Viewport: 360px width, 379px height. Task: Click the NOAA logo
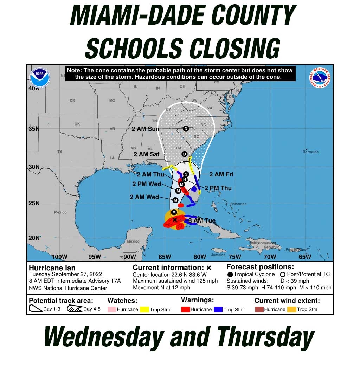click(x=40, y=78)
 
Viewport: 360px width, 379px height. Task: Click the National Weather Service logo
click(x=320, y=78)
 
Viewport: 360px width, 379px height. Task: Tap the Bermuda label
click(x=310, y=152)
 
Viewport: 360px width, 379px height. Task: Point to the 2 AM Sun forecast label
click(x=145, y=129)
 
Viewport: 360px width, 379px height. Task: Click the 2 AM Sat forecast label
click(x=146, y=154)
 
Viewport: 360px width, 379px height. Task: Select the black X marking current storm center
click(x=175, y=220)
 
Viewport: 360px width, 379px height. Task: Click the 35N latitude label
click(x=34, y=129)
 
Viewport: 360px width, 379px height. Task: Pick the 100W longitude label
click(x=59, y=257)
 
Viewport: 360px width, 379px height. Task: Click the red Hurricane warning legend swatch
click(x=185, y=309)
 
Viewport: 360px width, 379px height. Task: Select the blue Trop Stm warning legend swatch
click(x=218, y=309)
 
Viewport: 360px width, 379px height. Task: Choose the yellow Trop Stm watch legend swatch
click(x=144, y=309)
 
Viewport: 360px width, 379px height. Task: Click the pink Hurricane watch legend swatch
click(x=112, y=309)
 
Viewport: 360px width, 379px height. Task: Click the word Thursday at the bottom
click(x=265, y=338)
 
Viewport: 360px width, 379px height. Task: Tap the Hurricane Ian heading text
click(x=52, y=268)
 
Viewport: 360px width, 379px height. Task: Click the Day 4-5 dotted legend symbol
click(x=74, y=309)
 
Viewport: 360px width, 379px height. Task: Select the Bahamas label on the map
click(x=238, y=204)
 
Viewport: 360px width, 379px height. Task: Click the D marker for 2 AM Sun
click(x=186, y=129)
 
